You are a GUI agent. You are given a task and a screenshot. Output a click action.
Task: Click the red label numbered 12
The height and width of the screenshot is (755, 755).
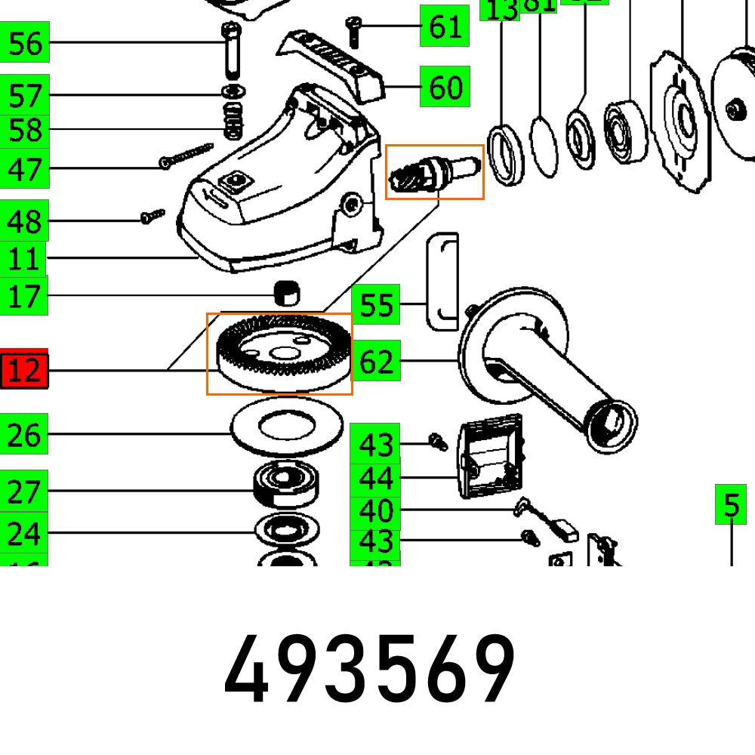[x=25, y=370]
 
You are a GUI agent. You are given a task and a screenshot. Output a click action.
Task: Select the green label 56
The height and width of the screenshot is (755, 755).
[x=25, y=43]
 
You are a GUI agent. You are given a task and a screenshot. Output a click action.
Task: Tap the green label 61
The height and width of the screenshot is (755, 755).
[x=445, y=26]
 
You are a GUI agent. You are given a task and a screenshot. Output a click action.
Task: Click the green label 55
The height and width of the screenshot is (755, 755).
[x=376, y=305]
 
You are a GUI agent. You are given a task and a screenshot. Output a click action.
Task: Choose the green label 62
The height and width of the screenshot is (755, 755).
[x=376, y=362]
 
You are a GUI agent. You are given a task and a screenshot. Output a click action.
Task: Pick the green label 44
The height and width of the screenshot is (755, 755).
[x=375, y=478]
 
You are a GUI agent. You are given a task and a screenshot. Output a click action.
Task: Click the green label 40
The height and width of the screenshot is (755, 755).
[x=375, y=511]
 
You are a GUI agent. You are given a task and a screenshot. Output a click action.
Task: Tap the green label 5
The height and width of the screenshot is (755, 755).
[x=731, y=504]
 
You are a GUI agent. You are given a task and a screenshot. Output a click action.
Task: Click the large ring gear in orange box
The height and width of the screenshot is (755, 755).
[x=280, y=353]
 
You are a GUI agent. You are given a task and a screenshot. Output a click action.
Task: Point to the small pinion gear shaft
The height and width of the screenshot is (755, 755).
[x=434, y=172]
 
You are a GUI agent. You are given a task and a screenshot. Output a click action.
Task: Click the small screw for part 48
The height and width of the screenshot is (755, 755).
[x=152, y=217]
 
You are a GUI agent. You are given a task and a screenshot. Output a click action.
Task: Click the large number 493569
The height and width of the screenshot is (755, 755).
[x=370, y=670]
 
